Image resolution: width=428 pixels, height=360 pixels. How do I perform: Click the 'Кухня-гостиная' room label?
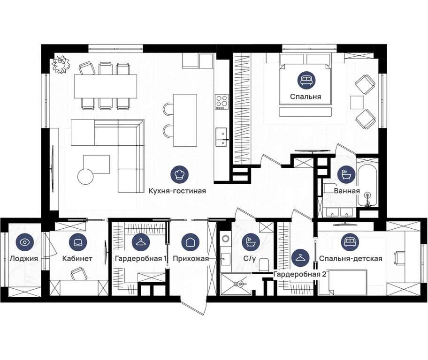coord(177,191)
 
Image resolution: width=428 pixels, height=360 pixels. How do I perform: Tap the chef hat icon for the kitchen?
coord(179,174)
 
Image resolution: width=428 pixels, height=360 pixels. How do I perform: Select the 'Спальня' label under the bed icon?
coord(306,97)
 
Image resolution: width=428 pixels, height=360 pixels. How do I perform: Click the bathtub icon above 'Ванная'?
coord(346,174)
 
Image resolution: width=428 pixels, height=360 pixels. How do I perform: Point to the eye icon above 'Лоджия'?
coord(25,242)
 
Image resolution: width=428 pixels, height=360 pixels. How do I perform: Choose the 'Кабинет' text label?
coord(77,258)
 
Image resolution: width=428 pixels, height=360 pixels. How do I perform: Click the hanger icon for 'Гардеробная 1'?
coord(141,242)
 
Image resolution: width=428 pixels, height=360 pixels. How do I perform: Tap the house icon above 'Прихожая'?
coord(191,242)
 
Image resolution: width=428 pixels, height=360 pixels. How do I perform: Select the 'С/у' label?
coord(250,258)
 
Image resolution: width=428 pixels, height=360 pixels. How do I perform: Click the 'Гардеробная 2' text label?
coord(300,274)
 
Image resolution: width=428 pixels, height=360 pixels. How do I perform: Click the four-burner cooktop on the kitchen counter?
coord(222,102)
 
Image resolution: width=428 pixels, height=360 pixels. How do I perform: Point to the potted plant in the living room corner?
coord(61,64)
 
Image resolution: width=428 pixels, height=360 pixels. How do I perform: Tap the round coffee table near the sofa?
coord(85,177)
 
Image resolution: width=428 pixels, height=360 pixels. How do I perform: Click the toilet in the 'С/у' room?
coord(264,264)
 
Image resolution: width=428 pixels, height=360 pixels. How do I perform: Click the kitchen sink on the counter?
coord(222,137)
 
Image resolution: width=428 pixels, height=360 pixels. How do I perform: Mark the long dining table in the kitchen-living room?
coord(106,86)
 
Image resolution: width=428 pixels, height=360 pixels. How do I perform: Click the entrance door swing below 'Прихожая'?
coord(193,307)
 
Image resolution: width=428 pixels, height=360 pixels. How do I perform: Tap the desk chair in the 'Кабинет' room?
coord(78,274)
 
